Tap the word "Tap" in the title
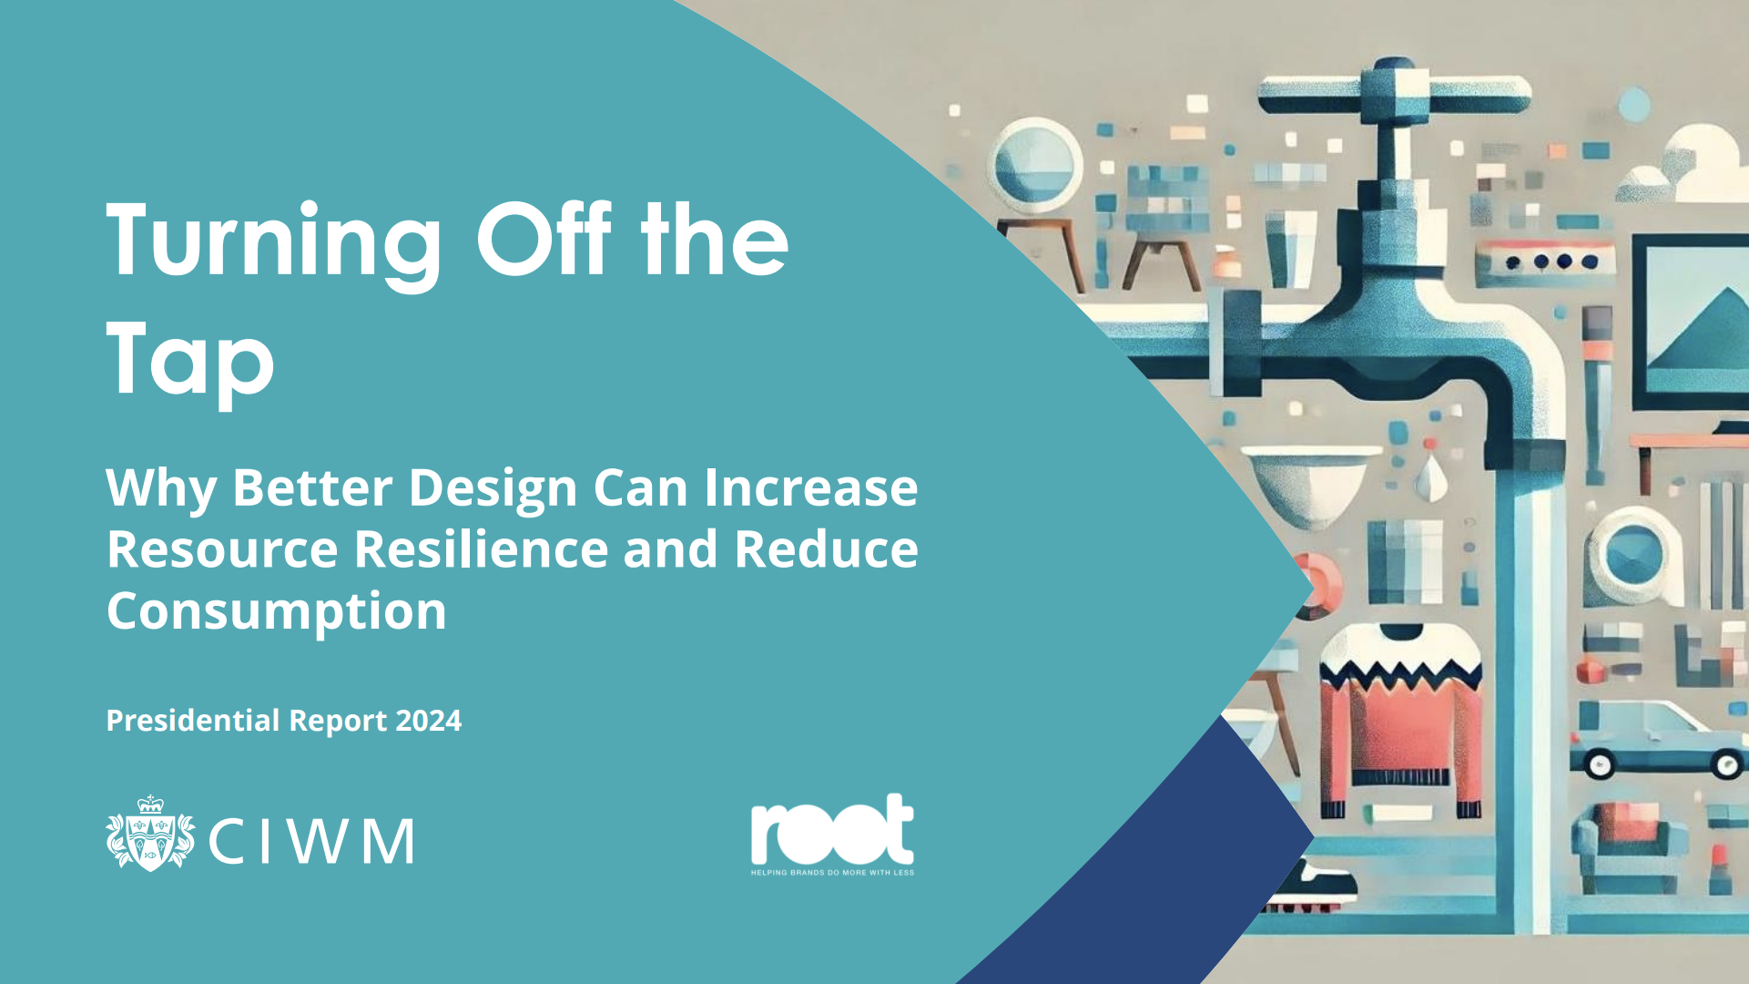click(x=190, y=361)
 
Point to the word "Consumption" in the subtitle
click(x=277, y=612)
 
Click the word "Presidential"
click(x=193, y=721)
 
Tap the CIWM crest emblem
click(x=150, y=833)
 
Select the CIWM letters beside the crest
click(x=311, y=841)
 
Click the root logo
click(x=832, y=829)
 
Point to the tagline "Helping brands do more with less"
click(x=832, y=873)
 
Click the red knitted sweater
click(x=1401, y=720)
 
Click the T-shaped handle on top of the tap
click(x=1394, y=91)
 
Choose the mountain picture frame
click(x=1690, y=324)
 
